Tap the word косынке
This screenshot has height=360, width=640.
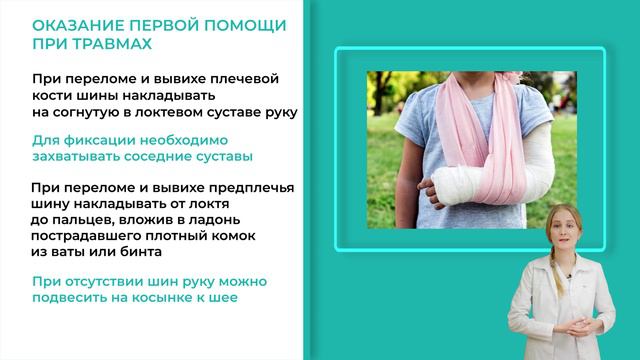169,299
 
